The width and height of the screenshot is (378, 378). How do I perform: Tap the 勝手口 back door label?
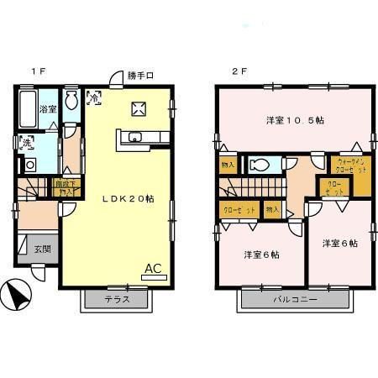[140, 76]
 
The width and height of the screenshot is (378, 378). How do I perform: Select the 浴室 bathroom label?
[48, 109]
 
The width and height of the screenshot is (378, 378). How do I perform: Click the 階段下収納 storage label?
[64, 186]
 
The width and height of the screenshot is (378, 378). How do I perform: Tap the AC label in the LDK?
[154, 269]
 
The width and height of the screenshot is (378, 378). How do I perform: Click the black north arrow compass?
[18, 295]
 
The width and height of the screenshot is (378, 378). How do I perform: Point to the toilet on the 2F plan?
[260, 164]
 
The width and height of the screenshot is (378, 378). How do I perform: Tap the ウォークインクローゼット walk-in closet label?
[351, 164]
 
